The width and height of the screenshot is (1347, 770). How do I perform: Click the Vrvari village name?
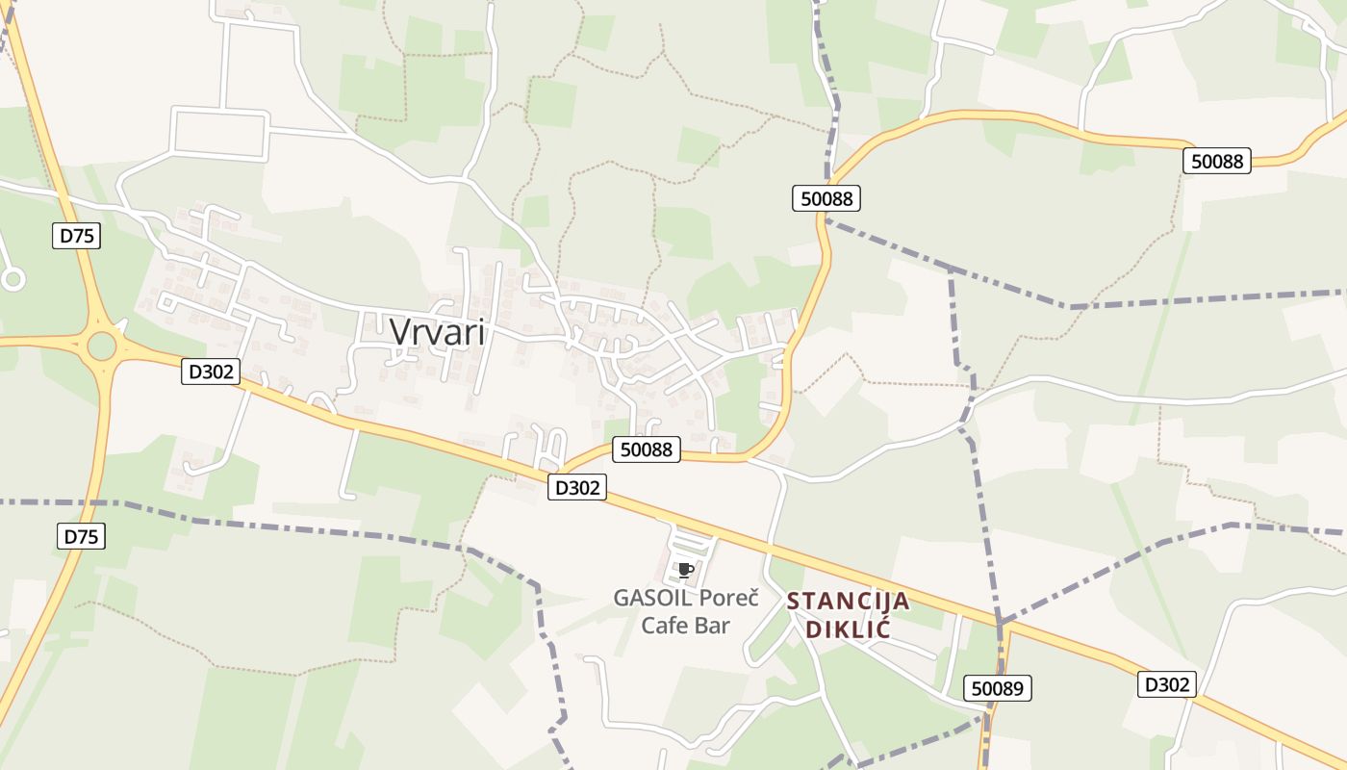(438, 332)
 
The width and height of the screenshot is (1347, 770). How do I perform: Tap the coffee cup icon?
(685, 570)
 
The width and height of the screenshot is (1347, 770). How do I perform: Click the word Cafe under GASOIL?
(664, 626)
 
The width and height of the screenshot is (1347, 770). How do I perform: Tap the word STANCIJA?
(848, 602)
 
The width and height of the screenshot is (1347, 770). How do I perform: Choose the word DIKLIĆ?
(848, 630)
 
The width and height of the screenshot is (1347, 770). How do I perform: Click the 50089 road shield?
(998, 688)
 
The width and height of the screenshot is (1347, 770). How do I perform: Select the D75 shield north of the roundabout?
(76, 236)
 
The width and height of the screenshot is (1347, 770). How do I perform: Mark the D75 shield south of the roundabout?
(81, 537)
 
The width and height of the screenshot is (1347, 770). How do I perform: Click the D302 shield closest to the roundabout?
(210, 372)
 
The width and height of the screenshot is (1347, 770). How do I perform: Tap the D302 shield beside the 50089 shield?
(1167, 684)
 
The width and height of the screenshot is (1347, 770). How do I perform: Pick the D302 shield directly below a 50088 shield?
(577, 488)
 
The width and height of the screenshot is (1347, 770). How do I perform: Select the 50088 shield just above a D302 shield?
(647, 449)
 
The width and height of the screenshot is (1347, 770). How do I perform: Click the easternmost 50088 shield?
(1217, 162)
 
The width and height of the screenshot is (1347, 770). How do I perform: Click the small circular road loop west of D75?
(13, 279)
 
